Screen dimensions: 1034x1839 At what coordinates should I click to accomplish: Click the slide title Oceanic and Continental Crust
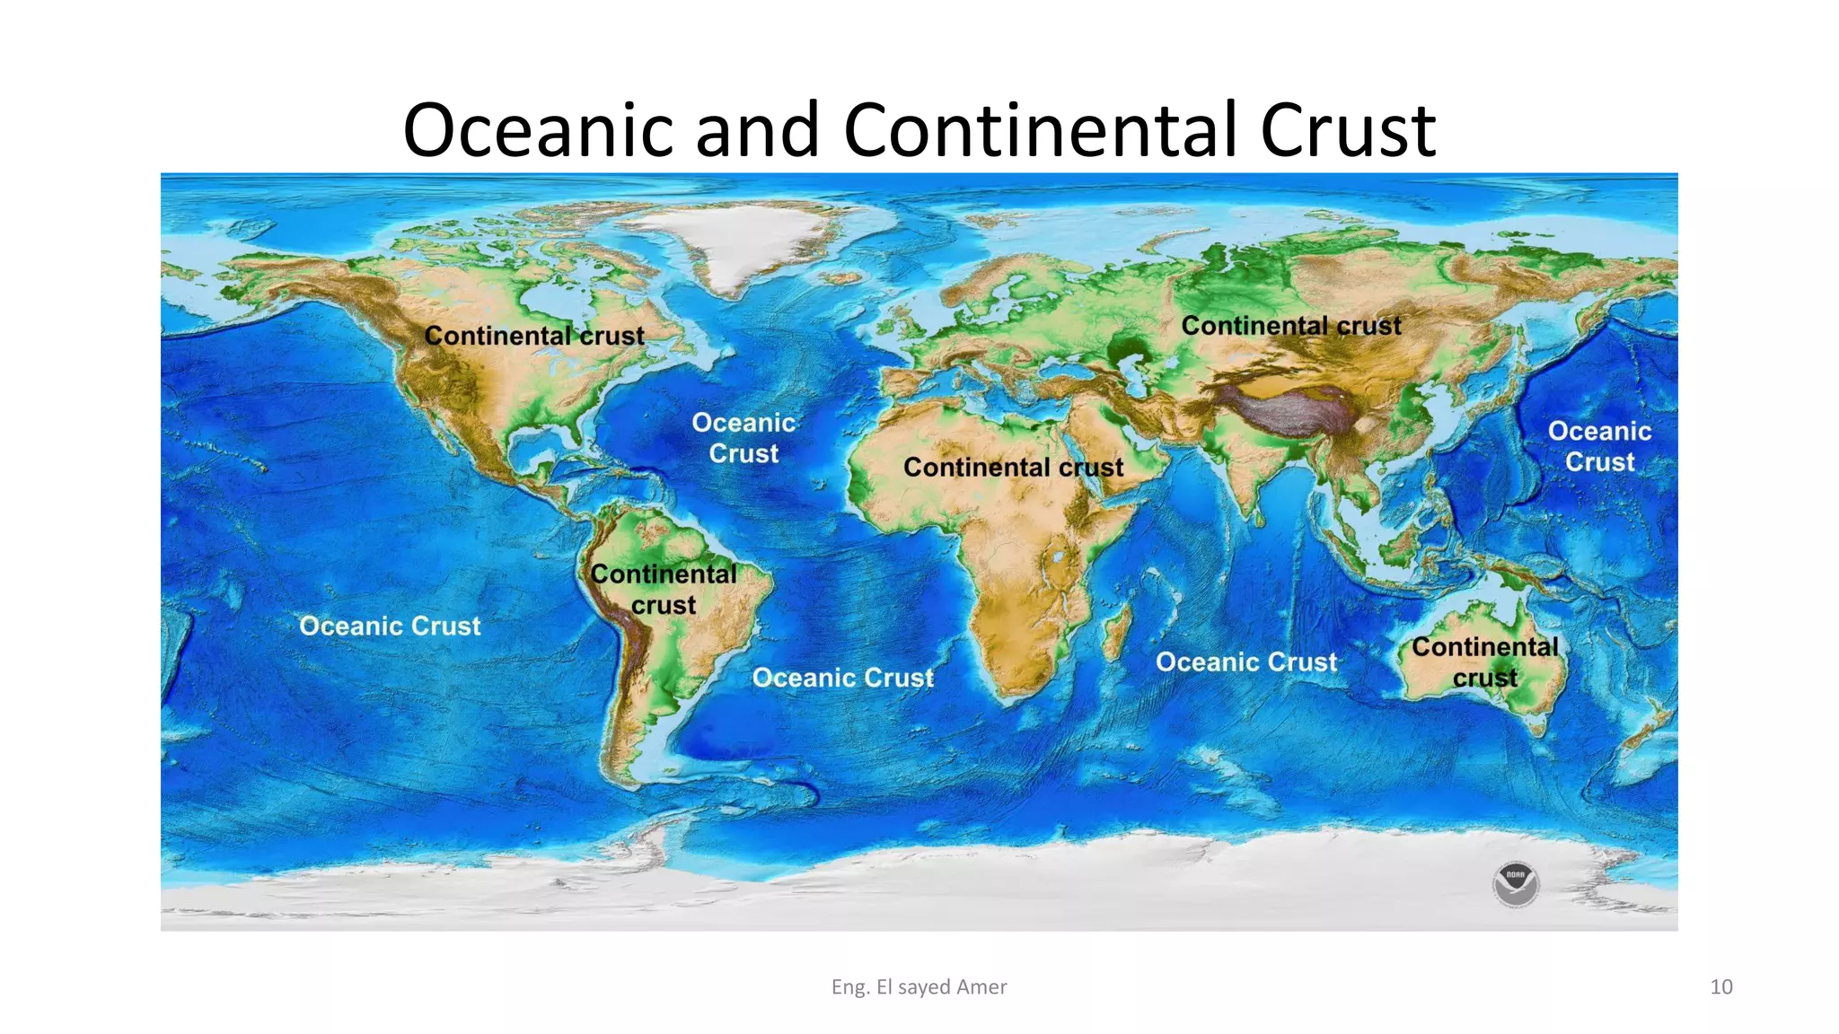point(919,130)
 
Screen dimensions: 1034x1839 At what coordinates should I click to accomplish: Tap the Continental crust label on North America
point(534,336)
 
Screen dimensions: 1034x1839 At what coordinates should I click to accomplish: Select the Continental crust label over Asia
point(1290,326)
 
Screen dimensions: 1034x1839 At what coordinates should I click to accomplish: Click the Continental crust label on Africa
point(1013,468)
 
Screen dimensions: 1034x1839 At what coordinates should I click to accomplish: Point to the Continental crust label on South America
point(664,589)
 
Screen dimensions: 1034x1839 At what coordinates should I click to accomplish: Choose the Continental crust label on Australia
point(1484,662)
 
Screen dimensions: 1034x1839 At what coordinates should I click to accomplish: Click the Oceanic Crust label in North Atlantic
point(744,438)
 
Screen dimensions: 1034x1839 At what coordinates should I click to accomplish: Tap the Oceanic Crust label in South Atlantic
point(842,678)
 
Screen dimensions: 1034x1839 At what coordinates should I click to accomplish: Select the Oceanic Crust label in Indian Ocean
point(1246,662)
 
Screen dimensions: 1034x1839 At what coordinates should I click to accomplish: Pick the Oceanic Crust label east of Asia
point(1599,446)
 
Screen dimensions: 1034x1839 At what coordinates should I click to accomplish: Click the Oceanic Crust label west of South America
point(390,626)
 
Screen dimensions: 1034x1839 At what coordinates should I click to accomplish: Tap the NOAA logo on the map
point(1516,884)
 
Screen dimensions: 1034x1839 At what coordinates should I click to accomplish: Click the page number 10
point(1720,986)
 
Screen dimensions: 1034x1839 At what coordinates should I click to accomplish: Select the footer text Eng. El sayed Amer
point(919,986)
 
